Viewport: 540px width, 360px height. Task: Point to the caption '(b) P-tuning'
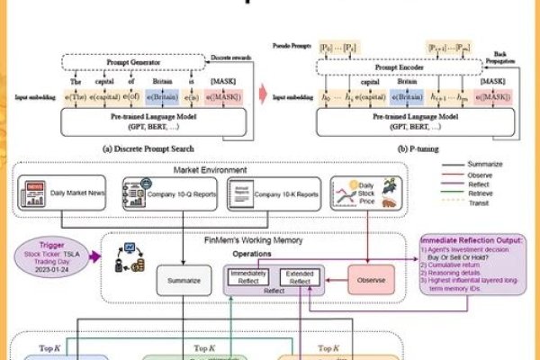click(x=403, y=148)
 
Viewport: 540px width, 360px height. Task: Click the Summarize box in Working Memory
click(x=183, y=281)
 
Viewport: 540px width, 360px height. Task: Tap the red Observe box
click(x=372, y=280)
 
